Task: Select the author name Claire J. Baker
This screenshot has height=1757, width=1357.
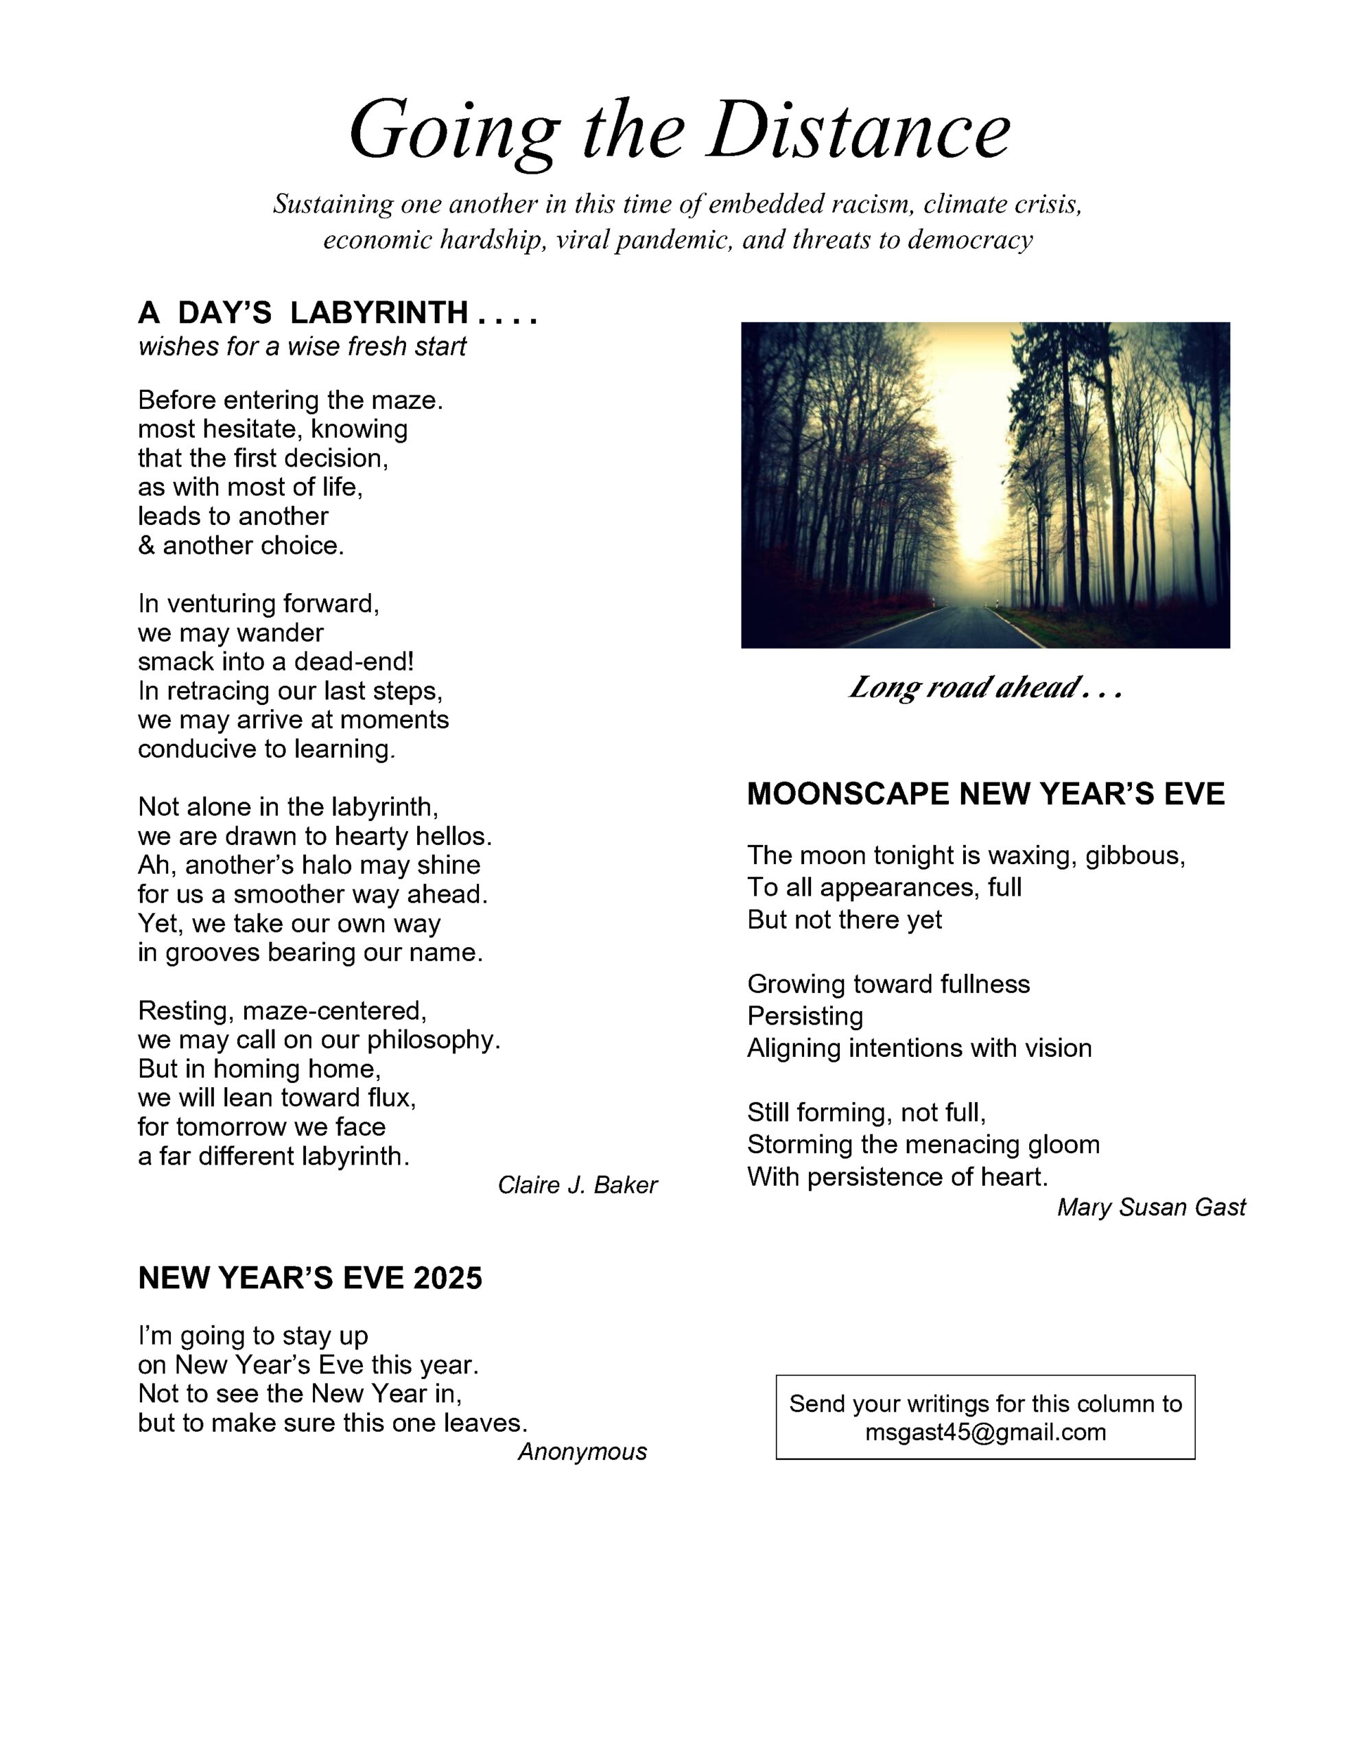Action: [x=577, y=1185]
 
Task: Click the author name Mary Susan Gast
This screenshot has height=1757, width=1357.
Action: [x=1150, y=1207]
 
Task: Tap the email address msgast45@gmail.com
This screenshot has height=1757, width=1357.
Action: [x=984, y=1431]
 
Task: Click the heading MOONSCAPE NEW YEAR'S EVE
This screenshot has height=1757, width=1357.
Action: [x=984, y=794]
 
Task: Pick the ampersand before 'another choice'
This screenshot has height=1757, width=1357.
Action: [x=146, y=546]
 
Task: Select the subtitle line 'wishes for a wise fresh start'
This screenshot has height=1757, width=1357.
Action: [x=302, y=347]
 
